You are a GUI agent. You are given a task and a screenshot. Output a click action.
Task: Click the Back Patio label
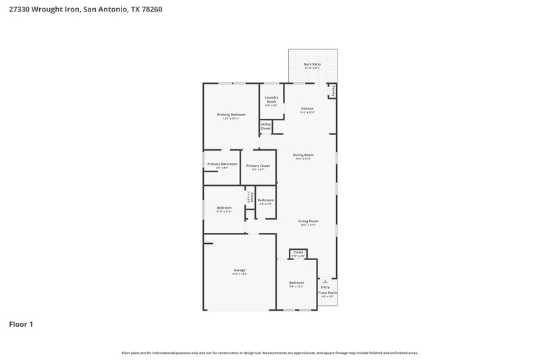312,64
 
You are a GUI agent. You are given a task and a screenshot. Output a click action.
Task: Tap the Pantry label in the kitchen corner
332,91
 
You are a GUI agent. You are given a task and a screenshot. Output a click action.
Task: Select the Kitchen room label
307,109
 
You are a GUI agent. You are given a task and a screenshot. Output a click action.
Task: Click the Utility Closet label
265,126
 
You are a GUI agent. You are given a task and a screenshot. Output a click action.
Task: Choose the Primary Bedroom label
231,115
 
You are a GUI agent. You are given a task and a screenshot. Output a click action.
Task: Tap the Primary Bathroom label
222,164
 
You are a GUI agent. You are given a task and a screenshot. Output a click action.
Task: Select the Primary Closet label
258,166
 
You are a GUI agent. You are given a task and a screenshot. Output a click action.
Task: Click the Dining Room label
303,155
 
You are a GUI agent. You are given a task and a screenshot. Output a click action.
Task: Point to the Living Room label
308,221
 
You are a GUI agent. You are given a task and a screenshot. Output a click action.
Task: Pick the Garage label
240,270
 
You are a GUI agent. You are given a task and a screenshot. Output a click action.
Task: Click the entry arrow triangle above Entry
325,280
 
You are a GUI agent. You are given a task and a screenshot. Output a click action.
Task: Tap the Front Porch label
329,292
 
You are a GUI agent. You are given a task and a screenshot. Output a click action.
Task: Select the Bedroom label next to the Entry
296,282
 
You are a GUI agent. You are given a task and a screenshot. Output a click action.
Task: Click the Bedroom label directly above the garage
224,207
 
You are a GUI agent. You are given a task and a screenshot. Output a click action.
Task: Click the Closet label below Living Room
298,253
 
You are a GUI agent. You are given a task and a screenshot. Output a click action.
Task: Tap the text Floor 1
21,324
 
